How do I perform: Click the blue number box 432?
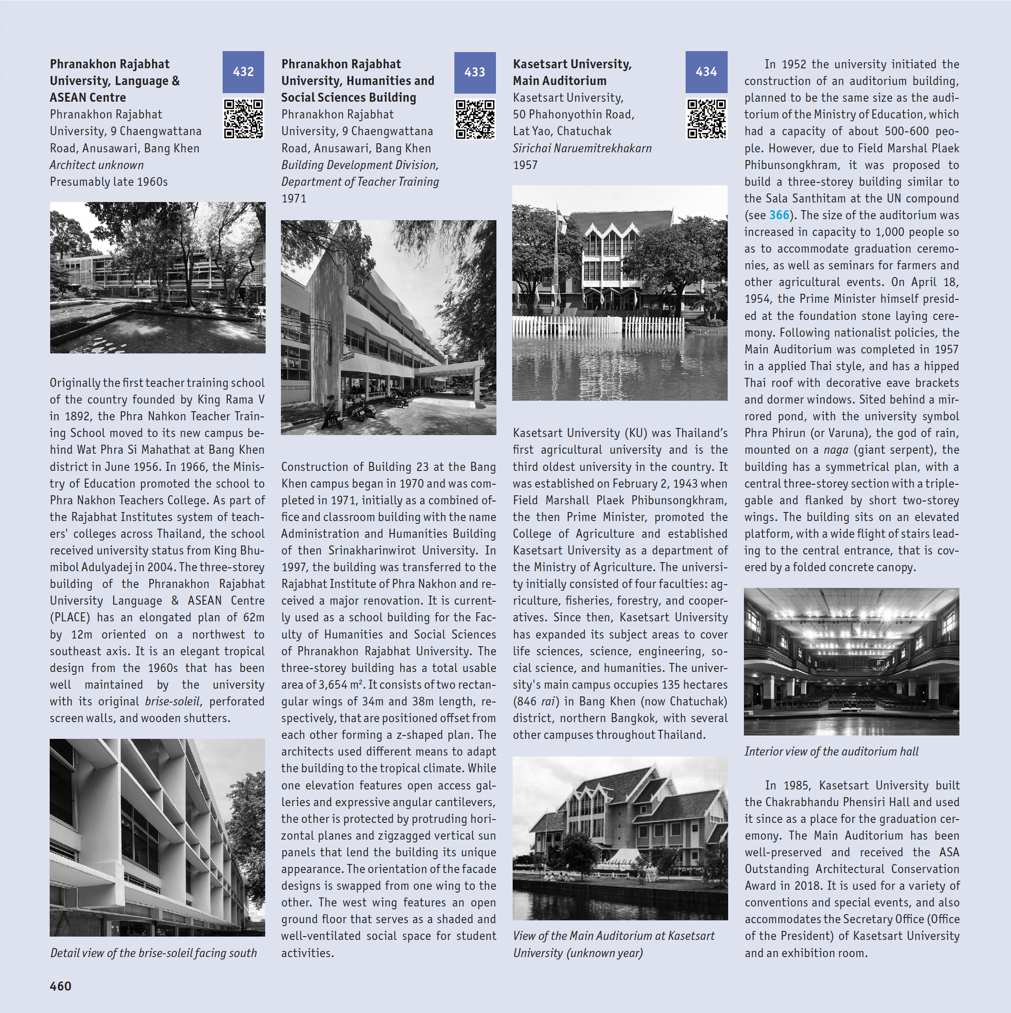click(243, 72)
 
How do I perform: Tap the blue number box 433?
click(474, 73)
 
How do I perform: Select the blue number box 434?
click(706, 72)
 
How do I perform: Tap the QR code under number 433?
click(474, 119)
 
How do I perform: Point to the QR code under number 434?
click(706, 119)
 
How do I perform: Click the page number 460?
click(60, 986)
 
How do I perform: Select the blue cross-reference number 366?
click(779, 215)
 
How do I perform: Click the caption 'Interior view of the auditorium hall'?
click(831, 751)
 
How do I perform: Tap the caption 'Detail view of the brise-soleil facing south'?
click(153, 953)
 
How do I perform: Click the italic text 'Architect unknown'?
click(97, 165)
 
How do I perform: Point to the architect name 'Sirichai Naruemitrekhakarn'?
click(582, 149)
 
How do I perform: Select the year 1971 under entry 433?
click(293, 198)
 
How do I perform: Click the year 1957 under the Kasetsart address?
click(525, 165)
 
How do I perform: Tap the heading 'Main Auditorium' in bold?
click(559, 81)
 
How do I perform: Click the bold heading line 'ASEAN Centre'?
click(87, 97)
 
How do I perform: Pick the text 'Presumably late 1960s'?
click(108, 181)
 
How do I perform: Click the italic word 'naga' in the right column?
click(835, 450)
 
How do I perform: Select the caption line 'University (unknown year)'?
click(577, 953)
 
